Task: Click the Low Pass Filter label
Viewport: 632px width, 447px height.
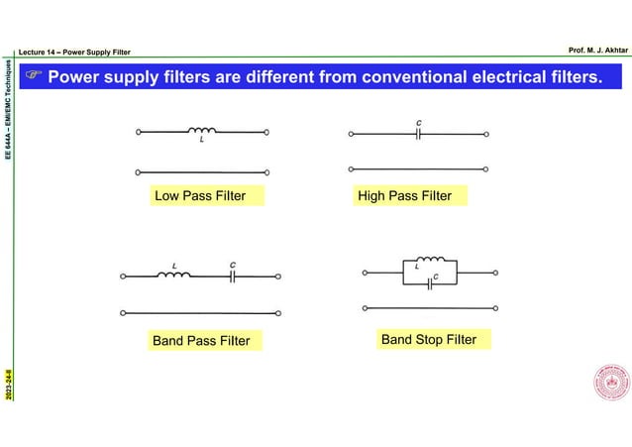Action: [200, 196]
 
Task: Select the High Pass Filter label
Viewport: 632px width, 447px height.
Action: [404, 196]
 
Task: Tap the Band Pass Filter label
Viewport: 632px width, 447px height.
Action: [201, 341]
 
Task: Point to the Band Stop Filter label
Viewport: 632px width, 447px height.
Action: [429, 340]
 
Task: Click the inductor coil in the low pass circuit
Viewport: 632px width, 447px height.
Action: [202, 130]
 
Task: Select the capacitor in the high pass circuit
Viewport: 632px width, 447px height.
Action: [419, 133]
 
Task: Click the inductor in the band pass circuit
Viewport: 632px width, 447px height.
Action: [175, 276]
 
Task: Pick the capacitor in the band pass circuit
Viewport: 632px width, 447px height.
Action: [232, 277]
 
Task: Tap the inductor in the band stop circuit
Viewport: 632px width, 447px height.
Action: [430, 263]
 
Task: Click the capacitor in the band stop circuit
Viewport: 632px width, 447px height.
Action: [430, 284]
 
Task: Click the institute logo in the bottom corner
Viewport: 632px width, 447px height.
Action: [610, 386]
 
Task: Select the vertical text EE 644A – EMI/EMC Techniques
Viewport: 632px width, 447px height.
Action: [9, 110]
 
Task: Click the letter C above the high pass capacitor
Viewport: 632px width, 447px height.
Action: [419, 123]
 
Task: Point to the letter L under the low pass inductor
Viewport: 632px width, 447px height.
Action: [202, 140]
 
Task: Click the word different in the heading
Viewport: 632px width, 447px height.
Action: [280, 76]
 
